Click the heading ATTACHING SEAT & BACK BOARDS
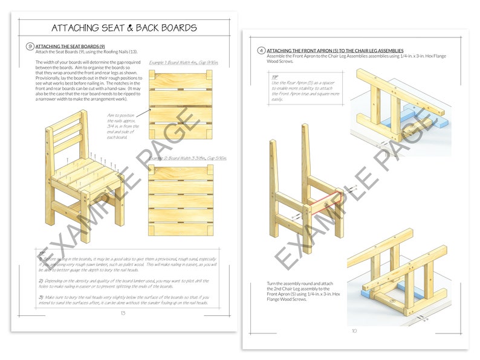pos(124,28)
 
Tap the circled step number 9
pos(30,46)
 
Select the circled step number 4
pos(261,51)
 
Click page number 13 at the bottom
pos(123,312)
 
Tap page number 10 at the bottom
pos(354,330)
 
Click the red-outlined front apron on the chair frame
pos(327,203)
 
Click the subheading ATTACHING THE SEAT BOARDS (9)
pos(70,46)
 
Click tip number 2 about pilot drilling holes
pos(121,283)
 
